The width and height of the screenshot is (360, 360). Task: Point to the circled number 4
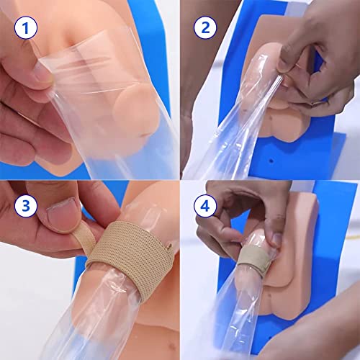pyautogui.click(x=204, y=204)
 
